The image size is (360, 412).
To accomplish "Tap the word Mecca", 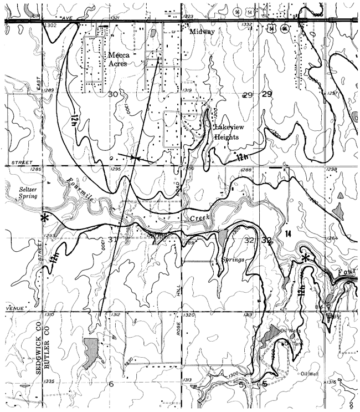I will pyautogui.click(x=117, y=55).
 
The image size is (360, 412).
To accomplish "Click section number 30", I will pyautogui.click(x=113, y=94).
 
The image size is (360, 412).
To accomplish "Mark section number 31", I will pyautogui.click(x=113, y=240).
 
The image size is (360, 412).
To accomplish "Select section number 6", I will pyautogui.click(x=111, y=384).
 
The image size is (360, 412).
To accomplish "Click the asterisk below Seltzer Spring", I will pyautogui.click(x=45, y=217).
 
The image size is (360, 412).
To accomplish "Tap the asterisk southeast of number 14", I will pyautogui.click(x=305, y=258).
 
